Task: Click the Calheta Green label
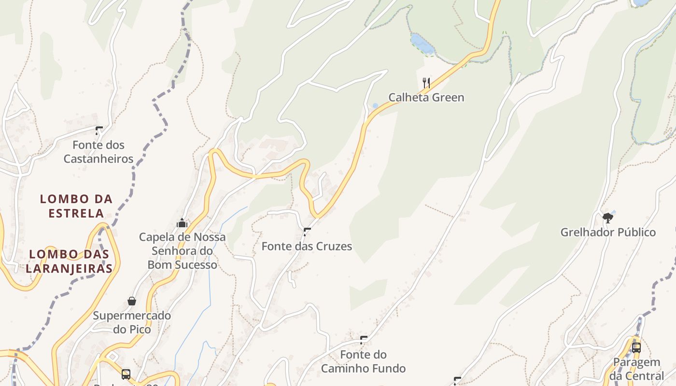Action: coord(426,97)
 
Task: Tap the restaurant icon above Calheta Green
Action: coord(426,83)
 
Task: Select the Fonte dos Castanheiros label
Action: coord(99,152)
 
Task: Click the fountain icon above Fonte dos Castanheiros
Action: coord(99,130)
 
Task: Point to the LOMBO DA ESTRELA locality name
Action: coord(76,206)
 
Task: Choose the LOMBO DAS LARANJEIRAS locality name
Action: coord(70,261)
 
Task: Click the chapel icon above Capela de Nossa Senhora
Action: coord(182,223)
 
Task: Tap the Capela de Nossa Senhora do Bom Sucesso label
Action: coord(182,251)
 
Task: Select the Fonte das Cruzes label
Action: coord(307,247)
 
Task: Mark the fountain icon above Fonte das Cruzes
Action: coord(307,232)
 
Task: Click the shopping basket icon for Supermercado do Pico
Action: coord(132,301)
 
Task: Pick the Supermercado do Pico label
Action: coord(132,322)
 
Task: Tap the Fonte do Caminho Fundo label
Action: coord(364,362)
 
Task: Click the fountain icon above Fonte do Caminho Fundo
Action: coord(364,340)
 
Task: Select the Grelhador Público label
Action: coord(608,233)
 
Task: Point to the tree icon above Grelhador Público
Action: coord(608,218)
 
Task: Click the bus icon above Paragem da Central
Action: coord(636,347)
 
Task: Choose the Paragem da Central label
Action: coord(636,369)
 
